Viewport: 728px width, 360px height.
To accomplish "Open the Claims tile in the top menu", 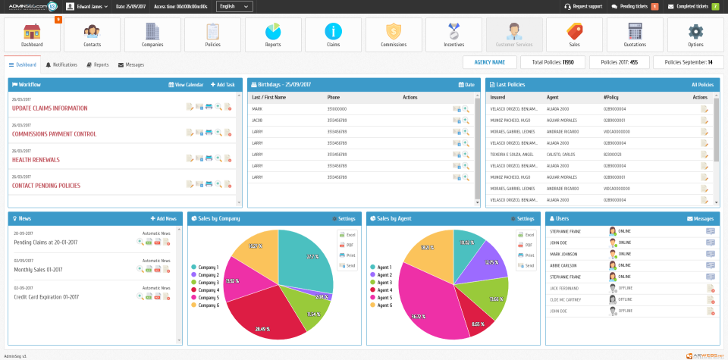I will (x=333, y=35).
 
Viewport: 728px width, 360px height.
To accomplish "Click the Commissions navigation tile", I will (x=394, y=35).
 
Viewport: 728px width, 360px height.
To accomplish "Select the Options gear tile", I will (x=695, y=35).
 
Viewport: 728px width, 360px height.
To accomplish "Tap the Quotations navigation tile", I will (x=635, y=35).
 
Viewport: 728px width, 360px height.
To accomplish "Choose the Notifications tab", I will (x=61, y=65).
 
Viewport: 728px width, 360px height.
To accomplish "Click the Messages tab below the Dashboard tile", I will (x=131, y=65).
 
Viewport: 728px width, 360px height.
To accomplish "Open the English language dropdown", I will (x=234, y=6).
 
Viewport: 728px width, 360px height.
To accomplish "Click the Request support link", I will (x=584, y=6).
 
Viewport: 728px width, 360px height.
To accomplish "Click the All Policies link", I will (x=702, y=85).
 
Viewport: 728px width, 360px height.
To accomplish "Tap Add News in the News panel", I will (x=164, y=218).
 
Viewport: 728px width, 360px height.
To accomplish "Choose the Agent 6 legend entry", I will (x=384, y=305).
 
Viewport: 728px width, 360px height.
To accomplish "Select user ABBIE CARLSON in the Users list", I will (x=563, y=266).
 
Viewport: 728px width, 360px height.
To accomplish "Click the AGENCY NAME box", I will (x=489, y=62).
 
